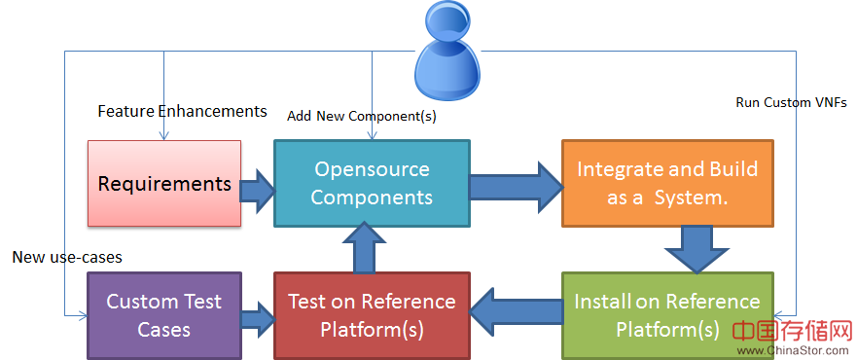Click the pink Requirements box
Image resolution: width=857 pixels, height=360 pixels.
(x=164, y=183)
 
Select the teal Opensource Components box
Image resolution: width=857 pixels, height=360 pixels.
(x=372, y=183)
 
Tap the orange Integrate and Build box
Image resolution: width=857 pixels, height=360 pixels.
(x=667, y=183)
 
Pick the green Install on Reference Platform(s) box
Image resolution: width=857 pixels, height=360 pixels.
(x=667, y=316)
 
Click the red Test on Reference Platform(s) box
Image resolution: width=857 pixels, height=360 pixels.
(x=372, y=316)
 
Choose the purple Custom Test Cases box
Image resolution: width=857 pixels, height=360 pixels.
(x=164, y=316)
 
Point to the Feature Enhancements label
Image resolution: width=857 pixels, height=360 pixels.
(x=182, y=112)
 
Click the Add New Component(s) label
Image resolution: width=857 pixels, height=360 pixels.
(x=361, y=117)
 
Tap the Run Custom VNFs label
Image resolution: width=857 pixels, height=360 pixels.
(x=791, y=103)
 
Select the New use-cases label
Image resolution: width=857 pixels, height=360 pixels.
(x=67, y=257)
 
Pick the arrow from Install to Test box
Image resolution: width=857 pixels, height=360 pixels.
(x=516, y=312)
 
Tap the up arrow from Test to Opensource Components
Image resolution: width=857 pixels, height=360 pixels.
(x=364, y=247)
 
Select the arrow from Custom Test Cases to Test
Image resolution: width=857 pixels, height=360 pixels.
(x=258, y=319)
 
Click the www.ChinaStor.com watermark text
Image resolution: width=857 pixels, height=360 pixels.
(x=793, y=350)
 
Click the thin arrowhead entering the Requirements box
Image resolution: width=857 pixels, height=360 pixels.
(x=164, y=136)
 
